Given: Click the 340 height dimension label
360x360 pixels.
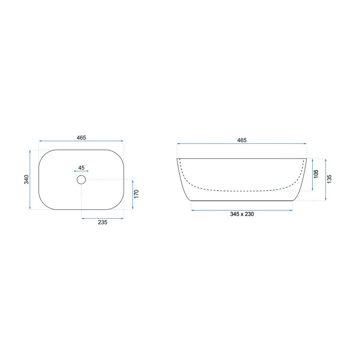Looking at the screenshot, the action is (27, 179).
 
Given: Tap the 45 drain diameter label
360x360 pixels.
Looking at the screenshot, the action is (81, 168).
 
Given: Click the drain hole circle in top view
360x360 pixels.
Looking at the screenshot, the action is (81, 180).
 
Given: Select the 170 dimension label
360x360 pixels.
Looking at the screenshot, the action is (136, 194).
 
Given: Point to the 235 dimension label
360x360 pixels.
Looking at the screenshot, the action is (103, 222).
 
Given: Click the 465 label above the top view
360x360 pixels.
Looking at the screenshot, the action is (81, 138).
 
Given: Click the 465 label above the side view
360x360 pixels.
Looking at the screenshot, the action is (242, 140).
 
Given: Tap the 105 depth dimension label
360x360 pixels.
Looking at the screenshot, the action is (316, 174).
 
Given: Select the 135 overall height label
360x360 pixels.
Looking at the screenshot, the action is (329, 179).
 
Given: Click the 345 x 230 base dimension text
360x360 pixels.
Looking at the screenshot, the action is (242, 214).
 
